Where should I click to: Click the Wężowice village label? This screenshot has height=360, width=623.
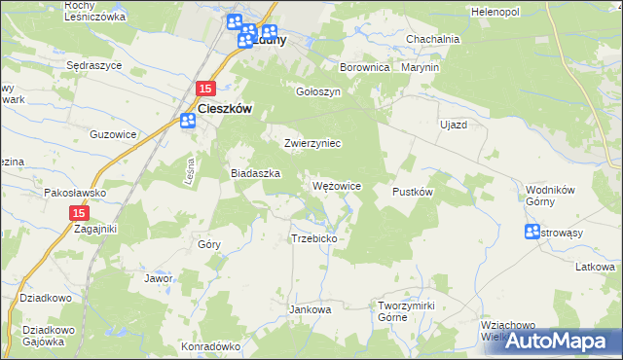click(337, 186)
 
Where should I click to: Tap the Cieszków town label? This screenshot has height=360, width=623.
click(226, 110)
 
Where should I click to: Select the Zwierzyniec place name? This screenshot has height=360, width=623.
click(311, 143)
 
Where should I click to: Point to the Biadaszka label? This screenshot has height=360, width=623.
click(255, 172)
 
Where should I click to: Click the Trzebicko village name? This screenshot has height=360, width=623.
click(313, 238)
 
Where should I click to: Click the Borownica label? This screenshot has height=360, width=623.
click(365, 68)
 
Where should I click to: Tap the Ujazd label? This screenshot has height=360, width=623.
click(454, 126)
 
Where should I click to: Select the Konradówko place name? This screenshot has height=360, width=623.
click(210, 345)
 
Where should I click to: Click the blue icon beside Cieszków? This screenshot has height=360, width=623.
click(188, 121)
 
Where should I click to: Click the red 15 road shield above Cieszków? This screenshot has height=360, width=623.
click(204, 89)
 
